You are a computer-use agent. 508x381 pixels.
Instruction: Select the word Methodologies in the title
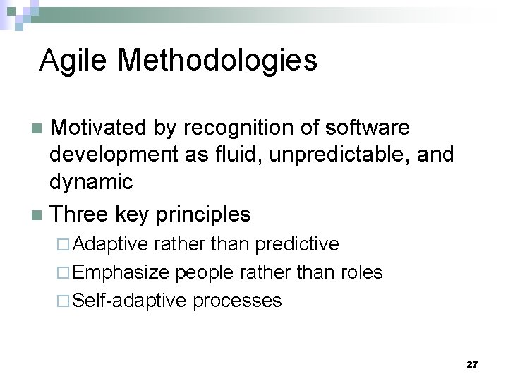tap(217, 61)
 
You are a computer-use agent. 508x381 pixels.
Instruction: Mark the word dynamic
tap(91, 182)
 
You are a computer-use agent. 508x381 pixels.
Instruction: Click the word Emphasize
tap(120, 273)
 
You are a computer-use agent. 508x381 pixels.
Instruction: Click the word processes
tap(237, 301)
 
